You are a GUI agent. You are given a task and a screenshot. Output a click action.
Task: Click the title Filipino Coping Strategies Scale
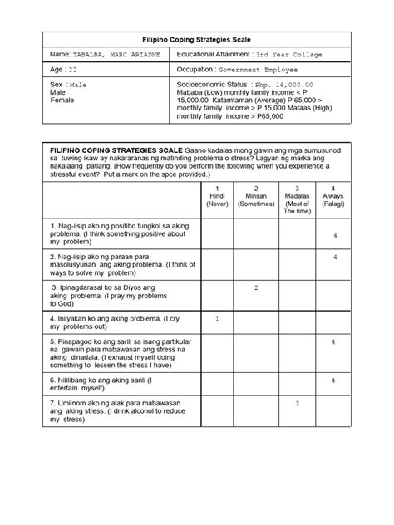point(196,39)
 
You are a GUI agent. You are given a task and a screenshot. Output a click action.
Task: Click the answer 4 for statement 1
point(333,237)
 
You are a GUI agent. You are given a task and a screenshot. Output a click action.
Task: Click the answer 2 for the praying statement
point(257,287)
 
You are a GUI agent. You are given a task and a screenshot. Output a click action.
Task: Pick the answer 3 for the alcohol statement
point(297,403)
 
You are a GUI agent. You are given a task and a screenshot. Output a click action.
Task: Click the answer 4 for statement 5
point(333,342)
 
